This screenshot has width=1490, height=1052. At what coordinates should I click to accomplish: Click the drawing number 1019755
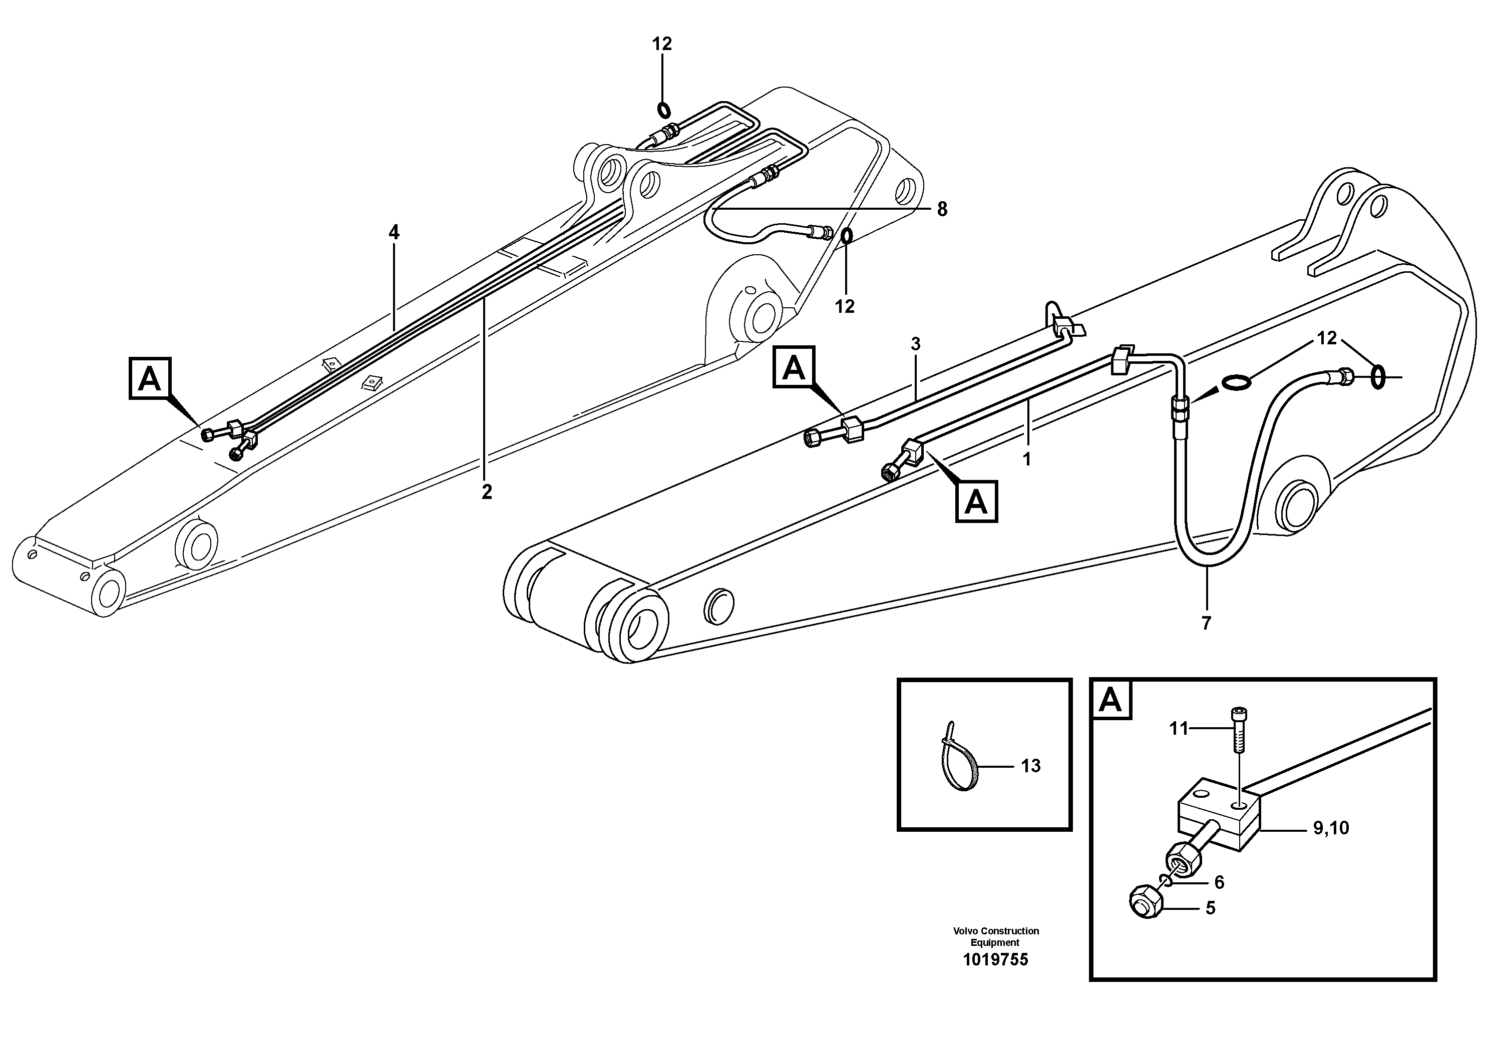click(995, 960)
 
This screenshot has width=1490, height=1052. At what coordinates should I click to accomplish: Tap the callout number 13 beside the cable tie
click(1030, 766)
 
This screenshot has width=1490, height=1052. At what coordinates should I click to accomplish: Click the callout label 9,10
click(1331, 828)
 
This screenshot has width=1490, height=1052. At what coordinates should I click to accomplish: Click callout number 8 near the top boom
click(942, 210)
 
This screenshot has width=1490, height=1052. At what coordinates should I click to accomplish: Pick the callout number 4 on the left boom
click(394, 232)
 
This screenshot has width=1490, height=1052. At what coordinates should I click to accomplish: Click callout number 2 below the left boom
click(487, 492)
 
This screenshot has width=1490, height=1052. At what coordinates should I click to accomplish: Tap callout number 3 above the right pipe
click(916, 344)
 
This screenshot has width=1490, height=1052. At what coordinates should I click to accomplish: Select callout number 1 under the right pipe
click(1027, 459)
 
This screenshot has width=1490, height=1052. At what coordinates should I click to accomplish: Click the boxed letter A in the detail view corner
click(1111, 701)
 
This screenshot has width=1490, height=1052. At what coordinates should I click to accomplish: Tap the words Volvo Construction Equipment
click(995, 936)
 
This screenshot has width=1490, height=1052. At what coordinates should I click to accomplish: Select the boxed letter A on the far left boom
click(150, 378)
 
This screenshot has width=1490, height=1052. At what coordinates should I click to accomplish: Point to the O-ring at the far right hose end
click(1378, 377)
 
